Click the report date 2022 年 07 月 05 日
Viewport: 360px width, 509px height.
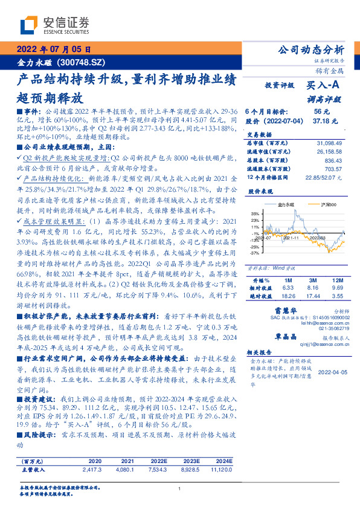54,50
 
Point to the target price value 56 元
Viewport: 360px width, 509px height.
320,112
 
